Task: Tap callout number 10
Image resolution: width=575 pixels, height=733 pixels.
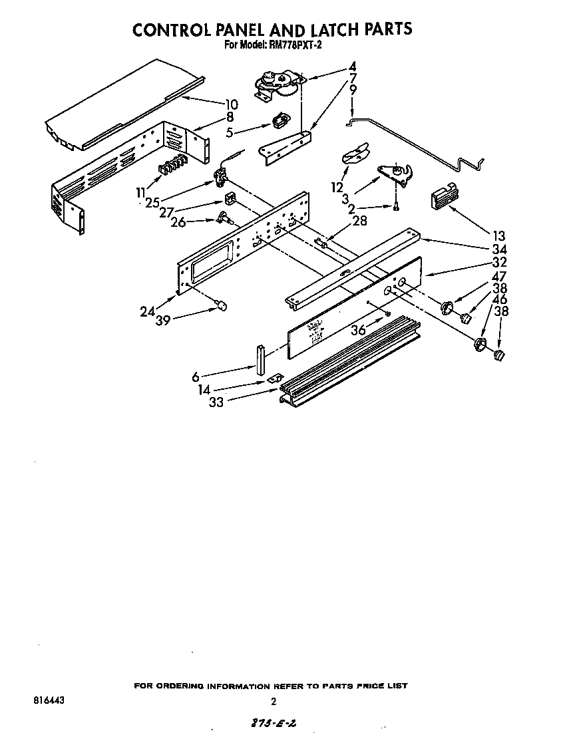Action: pos(232,104)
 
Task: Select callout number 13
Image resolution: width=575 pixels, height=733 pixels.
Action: pos(498,235)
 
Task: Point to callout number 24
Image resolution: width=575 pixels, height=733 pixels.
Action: pos(147,310)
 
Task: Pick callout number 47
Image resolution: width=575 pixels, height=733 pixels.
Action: pos(498,277)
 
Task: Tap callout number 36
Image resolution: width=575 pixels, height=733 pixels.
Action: pos(359,330)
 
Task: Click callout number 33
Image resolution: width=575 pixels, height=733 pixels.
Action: pos(217,401)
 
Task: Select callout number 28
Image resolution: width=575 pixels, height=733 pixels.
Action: pos(359,221)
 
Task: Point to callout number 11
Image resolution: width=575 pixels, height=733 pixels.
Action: pos(140,192)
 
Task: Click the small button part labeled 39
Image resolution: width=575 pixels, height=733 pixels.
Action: pos(222,305)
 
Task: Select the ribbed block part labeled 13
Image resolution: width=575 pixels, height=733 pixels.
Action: pos(441,197)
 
